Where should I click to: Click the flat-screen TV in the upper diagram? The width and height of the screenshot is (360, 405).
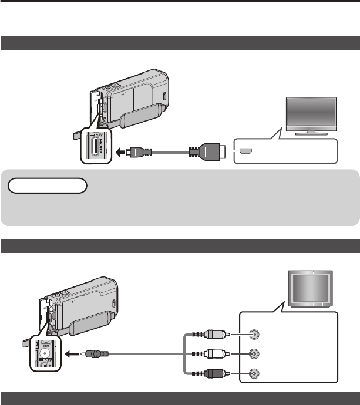(310, 115)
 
